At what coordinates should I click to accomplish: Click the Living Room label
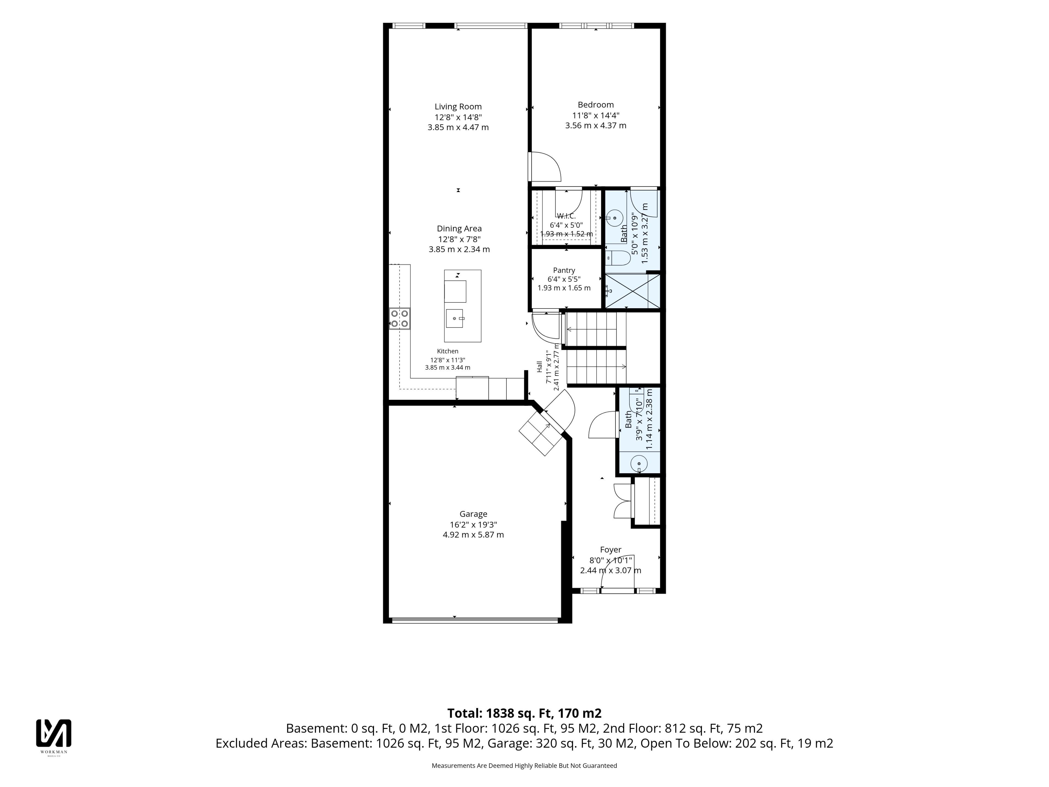[458, 107]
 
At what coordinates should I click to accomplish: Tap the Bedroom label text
[596, 105]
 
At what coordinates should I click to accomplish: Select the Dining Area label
[459, 229]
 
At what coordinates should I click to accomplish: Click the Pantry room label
[564, 271]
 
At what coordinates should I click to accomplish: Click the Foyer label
[611, 550]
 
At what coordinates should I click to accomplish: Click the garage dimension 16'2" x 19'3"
[473, 525]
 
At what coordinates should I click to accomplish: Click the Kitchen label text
[448, 351]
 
